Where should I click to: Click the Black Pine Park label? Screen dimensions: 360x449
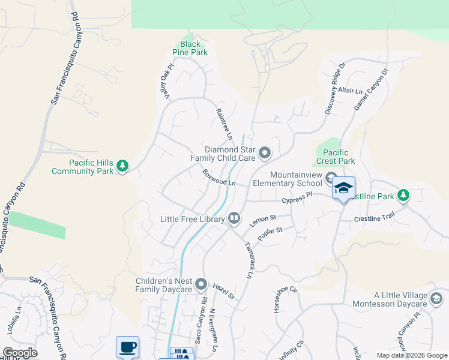(190, 48)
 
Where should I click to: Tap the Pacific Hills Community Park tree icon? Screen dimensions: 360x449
(122, 165)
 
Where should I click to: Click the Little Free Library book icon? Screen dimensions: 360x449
(234, 219)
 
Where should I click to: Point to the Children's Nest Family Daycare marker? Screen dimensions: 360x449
(201, 284)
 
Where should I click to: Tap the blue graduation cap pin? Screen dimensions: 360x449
(343, 188)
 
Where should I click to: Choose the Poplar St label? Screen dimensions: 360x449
(270, 234)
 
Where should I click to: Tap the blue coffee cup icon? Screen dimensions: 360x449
(127, 346)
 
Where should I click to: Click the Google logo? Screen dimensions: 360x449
(20, 353)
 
